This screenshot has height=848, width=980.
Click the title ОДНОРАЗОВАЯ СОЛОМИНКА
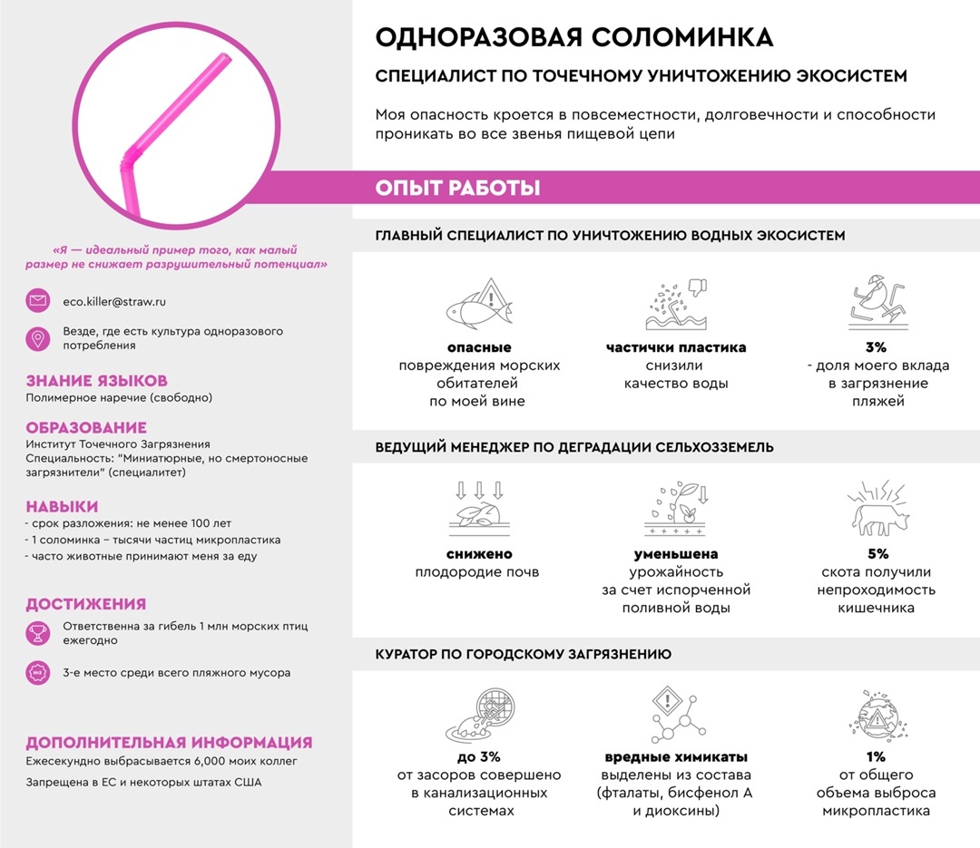pyautogui.click(x=574, y=38)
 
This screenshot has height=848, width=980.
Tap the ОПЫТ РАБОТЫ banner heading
pyautogui.click(x=457, y=189)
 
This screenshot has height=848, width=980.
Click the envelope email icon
pyautogui.click(x=38, y=300)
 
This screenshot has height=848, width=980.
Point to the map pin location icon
pyautogui.click(x=38, y=338)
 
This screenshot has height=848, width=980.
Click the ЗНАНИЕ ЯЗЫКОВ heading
pyautogui.click(x=96, y=381)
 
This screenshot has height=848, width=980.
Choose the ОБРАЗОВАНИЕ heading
pyautogui.click(x=86, y=427)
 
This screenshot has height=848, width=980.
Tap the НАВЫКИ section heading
pyautogui.click(x=62, y=506)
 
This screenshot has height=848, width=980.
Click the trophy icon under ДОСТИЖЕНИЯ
pyautogui.click(x=38, y=633)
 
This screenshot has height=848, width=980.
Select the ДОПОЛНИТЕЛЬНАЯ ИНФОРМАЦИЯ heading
pyautogui.click(x=169, y=742)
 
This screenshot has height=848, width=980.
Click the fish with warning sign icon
pyautogui.click(x=479, y=305)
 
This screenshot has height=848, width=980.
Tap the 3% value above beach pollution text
pyautogui.click(x=876, y=347)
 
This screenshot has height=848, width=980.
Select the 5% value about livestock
pyautogui.click(x=876, y=553)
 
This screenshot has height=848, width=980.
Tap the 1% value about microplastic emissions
pyautogui.click(x=876, y=756)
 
